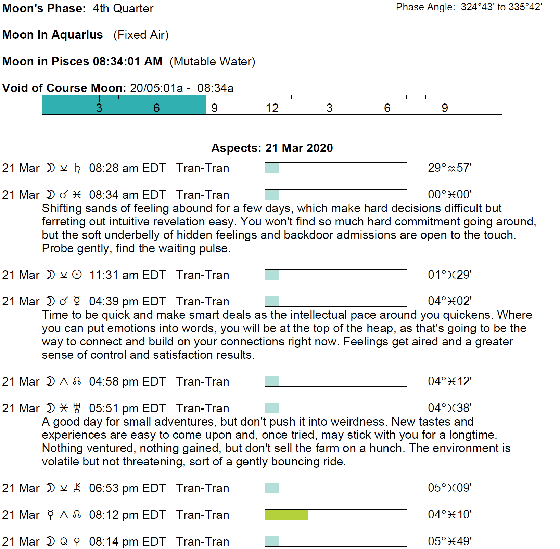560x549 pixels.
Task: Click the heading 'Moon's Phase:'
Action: tap(44, 8)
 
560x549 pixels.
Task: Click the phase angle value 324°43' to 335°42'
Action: tap(501, 7)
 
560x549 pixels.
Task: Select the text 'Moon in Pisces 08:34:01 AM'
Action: tap(82, 61)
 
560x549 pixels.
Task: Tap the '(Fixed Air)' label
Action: tap(141, 35)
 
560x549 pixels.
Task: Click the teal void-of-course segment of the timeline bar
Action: tap(124, 105)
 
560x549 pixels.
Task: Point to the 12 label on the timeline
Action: tap(272, 108)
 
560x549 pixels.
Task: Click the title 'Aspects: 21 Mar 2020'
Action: tap(272, 148)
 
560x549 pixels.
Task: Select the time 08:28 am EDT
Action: tap(127, 168)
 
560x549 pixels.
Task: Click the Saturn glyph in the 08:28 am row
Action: tap(77, 168)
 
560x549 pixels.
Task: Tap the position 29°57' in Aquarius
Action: tap(450, 168)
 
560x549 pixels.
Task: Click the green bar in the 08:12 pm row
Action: tap(286, 514)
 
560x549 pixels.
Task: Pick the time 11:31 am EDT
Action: tap(127, 275)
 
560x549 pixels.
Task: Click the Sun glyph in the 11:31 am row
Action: tap(77, 275)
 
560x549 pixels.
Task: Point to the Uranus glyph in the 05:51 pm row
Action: tap(77, 408)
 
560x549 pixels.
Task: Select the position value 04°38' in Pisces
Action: tap(450, 408)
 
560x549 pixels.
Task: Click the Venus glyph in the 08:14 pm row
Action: tap(77, 542)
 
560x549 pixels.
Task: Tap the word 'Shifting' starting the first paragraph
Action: tap(62, 208)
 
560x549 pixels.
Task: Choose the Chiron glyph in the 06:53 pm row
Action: tap(77, 488)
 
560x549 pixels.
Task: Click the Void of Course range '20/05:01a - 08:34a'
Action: tap(182, 88)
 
